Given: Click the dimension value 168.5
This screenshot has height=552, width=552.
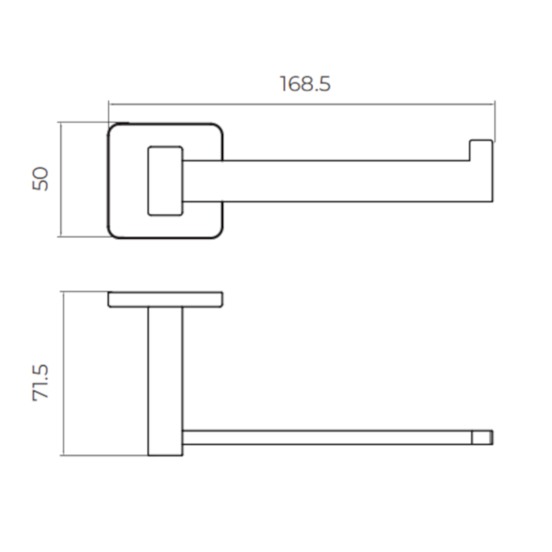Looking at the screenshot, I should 305,83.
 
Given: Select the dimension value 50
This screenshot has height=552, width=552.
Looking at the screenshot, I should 41,179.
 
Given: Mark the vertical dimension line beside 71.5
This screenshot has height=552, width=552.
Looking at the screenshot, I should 63,373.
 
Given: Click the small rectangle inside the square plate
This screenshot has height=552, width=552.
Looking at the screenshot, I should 166,179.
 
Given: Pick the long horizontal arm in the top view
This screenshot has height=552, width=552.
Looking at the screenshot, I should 331,181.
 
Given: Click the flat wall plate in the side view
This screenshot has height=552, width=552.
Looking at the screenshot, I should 165,299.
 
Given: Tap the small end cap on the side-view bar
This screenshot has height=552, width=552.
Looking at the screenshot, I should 482,437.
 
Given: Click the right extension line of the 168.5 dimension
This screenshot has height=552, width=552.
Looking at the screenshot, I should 495,121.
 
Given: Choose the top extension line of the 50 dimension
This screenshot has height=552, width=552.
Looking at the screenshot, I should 83,123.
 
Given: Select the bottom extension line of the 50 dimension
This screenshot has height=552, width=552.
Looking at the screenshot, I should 83,237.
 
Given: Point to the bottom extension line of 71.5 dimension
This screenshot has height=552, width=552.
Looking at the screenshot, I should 103,455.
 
